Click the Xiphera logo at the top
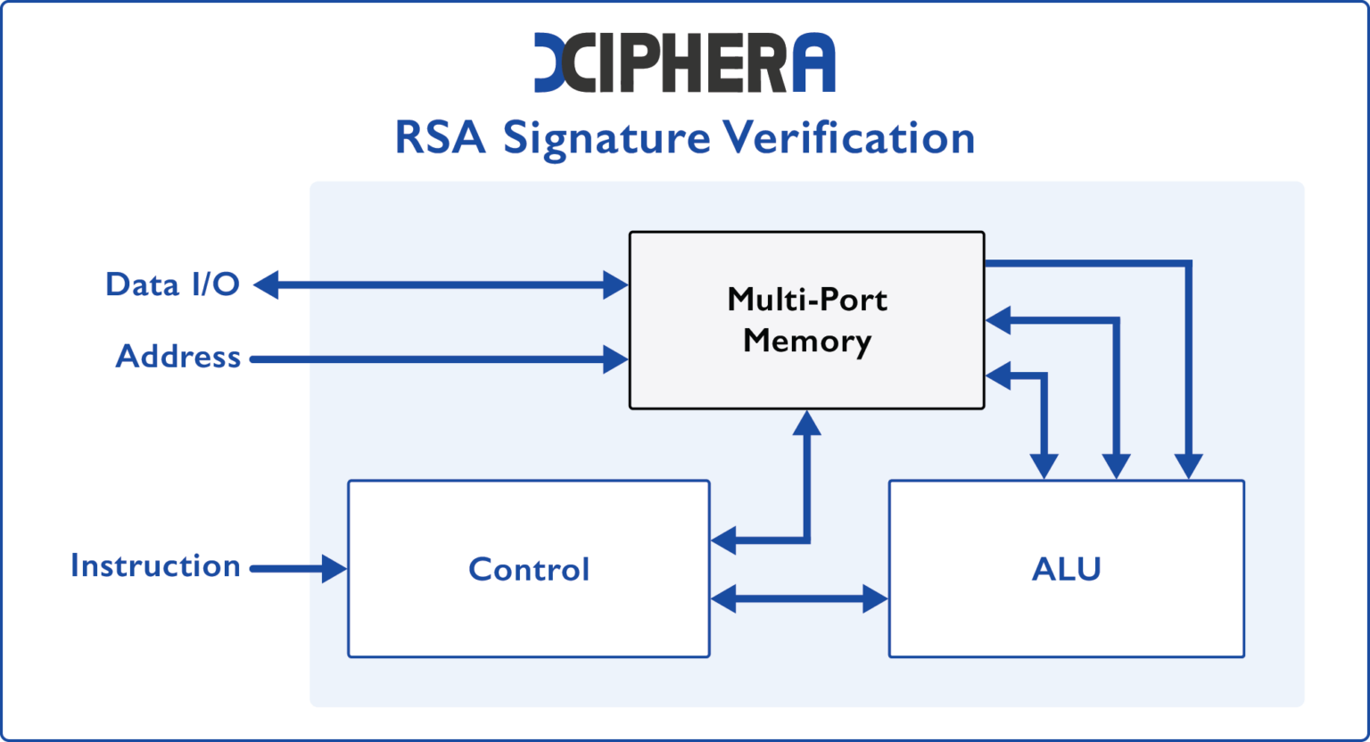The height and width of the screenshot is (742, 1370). (x=684, y=62)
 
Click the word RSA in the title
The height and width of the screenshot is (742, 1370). (x=440, y=138)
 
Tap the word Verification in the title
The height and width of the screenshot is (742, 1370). (x=848, y=138)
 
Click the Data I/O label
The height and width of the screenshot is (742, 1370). (x=172, y=284)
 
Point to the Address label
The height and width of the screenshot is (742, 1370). (x=178, y=357)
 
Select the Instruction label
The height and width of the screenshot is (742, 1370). (x=155, y=566)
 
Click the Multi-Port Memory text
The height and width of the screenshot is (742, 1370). (x=806, y=320)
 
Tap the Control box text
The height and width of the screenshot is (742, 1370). (x=529, y=569)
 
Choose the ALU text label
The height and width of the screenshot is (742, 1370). (x=1066, y=569)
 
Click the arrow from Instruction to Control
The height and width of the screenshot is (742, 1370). (x=299, y=568)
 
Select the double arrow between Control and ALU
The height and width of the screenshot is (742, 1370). (x=799, y=598)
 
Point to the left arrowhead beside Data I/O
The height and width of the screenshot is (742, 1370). (x=267, y=285)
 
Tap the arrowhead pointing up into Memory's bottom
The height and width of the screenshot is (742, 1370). (x=806, y=423)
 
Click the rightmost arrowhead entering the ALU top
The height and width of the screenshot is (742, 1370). (x=1188, y=466)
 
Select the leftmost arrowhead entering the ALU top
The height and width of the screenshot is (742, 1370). (x=1044, y=466)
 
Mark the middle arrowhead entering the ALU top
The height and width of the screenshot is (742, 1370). (x=1116, y=466)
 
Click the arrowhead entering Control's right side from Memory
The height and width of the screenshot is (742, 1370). (x=723, y=540)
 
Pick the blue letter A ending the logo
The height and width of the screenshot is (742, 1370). (x=813, y=63)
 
